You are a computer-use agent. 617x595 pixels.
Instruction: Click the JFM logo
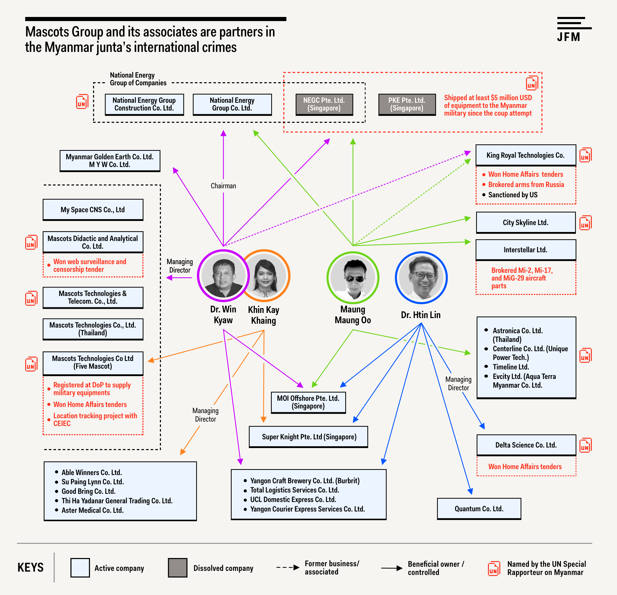[x=574, y=30]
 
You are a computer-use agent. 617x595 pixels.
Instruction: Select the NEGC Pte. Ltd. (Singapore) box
[x=324, y=105]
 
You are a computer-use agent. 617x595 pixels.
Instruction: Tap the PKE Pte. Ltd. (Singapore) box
[x=407, y=105]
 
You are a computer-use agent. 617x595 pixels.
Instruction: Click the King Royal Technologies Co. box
[x=526, y=155]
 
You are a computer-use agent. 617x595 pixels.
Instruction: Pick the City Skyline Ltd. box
[x=526, y=223]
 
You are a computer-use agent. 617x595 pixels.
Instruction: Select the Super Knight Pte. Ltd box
[x=308, y=437]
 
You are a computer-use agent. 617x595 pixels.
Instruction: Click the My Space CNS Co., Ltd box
[x=93, y=210]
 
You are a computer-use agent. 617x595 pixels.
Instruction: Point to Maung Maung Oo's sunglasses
[x=355, y=278]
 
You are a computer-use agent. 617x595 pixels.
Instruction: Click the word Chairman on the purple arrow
[x=223, y=186]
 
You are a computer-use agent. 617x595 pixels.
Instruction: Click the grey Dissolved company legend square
[x=178, y=568]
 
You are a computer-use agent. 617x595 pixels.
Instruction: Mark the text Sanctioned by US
[x=513, y=195]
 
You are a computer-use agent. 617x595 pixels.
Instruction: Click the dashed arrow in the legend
[x=288, y=568]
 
